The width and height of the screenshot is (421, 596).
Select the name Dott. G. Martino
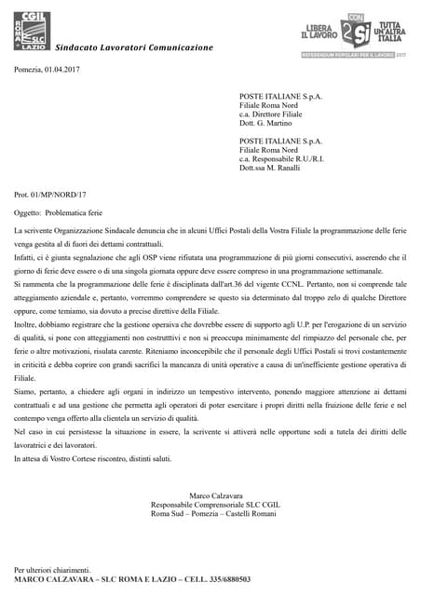[265, 123]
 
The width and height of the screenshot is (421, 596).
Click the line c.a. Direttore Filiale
[275, 114]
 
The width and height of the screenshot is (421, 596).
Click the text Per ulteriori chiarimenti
[53, 569]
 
